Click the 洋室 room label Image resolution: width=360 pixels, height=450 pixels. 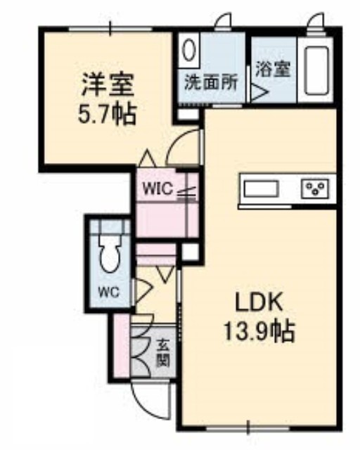click(x=108, y=84)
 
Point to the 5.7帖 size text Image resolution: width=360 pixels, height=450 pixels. click(x=107, y=114)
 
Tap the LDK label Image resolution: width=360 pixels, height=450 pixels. click(x=259, y=302)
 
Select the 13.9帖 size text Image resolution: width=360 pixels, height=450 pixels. click(x=259, y=330)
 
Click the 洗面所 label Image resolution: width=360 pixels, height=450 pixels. click(x=211, y=82)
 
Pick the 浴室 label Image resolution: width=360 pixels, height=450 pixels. click(x=273, y=69)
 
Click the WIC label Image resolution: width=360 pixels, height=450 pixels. click(x=158, y=189)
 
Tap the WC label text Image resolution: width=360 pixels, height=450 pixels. click(x=109, y=292)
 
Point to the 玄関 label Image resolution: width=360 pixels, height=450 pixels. click(x=162, y=353)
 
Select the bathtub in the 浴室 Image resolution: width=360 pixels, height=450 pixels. click(x=316, y=70)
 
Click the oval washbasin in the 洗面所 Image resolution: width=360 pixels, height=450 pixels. click(x=188, y=50)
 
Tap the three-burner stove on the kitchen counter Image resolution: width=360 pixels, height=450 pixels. click(x=314, y=188)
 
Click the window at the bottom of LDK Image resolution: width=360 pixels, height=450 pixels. click(x=248, y=430)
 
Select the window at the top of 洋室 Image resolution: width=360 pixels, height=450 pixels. click(x=110, y=29)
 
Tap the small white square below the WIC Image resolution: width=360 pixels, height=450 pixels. click(x=191, y=252)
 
